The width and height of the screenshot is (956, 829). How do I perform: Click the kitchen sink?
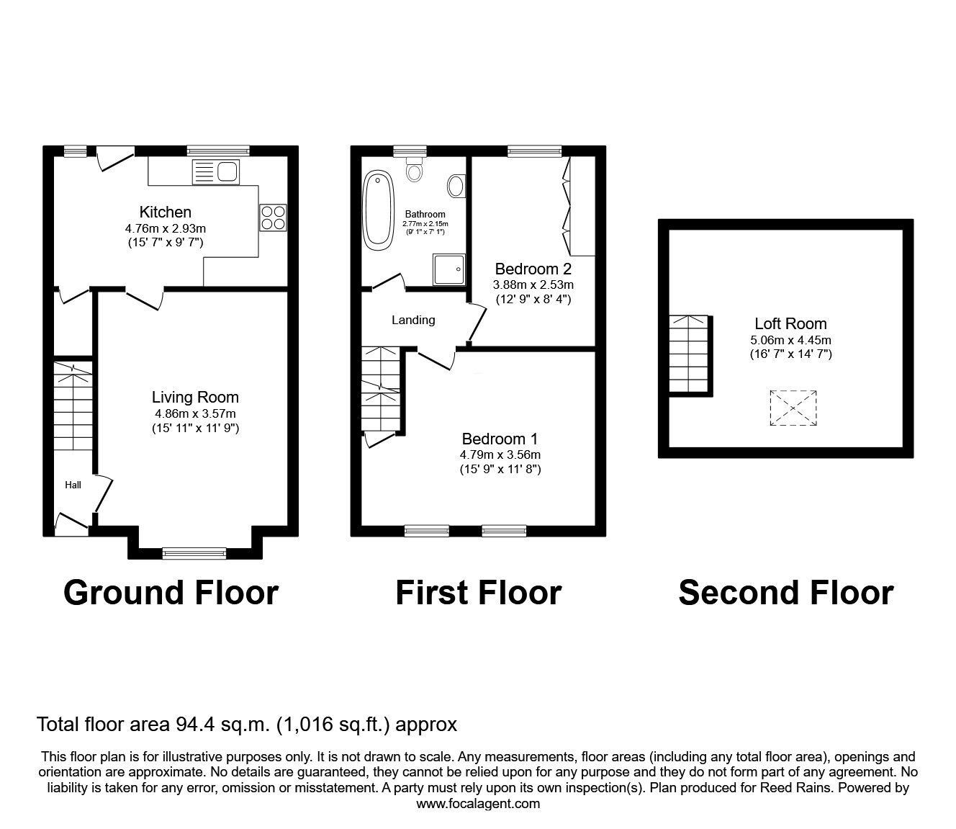point(216,172)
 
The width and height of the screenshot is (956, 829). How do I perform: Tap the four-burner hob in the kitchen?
point(273,218)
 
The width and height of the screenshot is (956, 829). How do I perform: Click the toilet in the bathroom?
point(414,170)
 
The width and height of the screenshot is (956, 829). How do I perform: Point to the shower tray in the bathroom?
point(448,269)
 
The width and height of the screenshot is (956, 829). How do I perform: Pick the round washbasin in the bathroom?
point(456,187)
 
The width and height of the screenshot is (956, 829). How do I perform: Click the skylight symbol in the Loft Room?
point(793,408)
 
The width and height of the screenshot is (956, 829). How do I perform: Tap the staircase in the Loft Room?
point(690,354)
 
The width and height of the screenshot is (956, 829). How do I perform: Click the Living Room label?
point(195,397)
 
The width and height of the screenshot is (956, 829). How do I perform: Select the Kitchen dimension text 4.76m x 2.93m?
point(165,228)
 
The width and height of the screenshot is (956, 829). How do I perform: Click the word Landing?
point(413,320)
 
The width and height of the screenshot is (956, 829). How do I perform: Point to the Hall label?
point(73,485)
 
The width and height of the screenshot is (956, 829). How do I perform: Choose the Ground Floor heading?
point(171,593)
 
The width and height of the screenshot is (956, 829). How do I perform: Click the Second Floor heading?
point(785,593)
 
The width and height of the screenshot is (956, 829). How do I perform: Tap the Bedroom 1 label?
point(500,439)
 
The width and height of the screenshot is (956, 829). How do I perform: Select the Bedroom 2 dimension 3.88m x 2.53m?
point(533,284)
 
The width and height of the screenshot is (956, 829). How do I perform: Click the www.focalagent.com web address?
point(478,804)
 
